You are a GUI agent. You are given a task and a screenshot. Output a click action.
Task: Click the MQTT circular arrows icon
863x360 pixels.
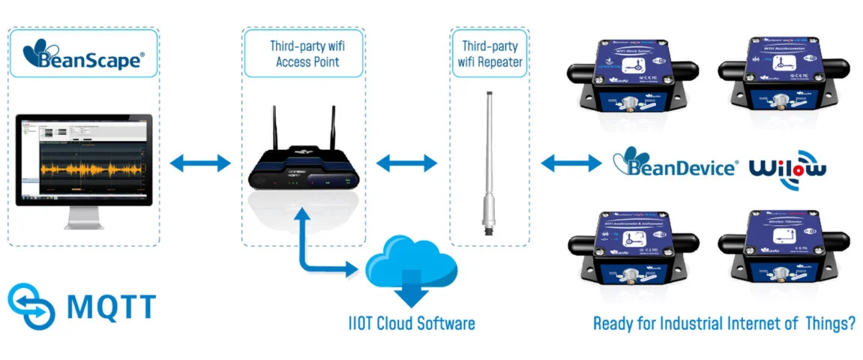[31, 306]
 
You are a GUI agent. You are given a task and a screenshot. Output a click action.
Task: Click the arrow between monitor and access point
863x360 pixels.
[200, 162]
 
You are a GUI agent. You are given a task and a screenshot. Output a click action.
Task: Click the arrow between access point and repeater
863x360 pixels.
[406, 162]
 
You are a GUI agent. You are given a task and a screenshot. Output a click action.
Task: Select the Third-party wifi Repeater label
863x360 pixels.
[490, 54]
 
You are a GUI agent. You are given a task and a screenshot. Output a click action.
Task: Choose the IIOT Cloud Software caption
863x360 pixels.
[412, 324]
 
